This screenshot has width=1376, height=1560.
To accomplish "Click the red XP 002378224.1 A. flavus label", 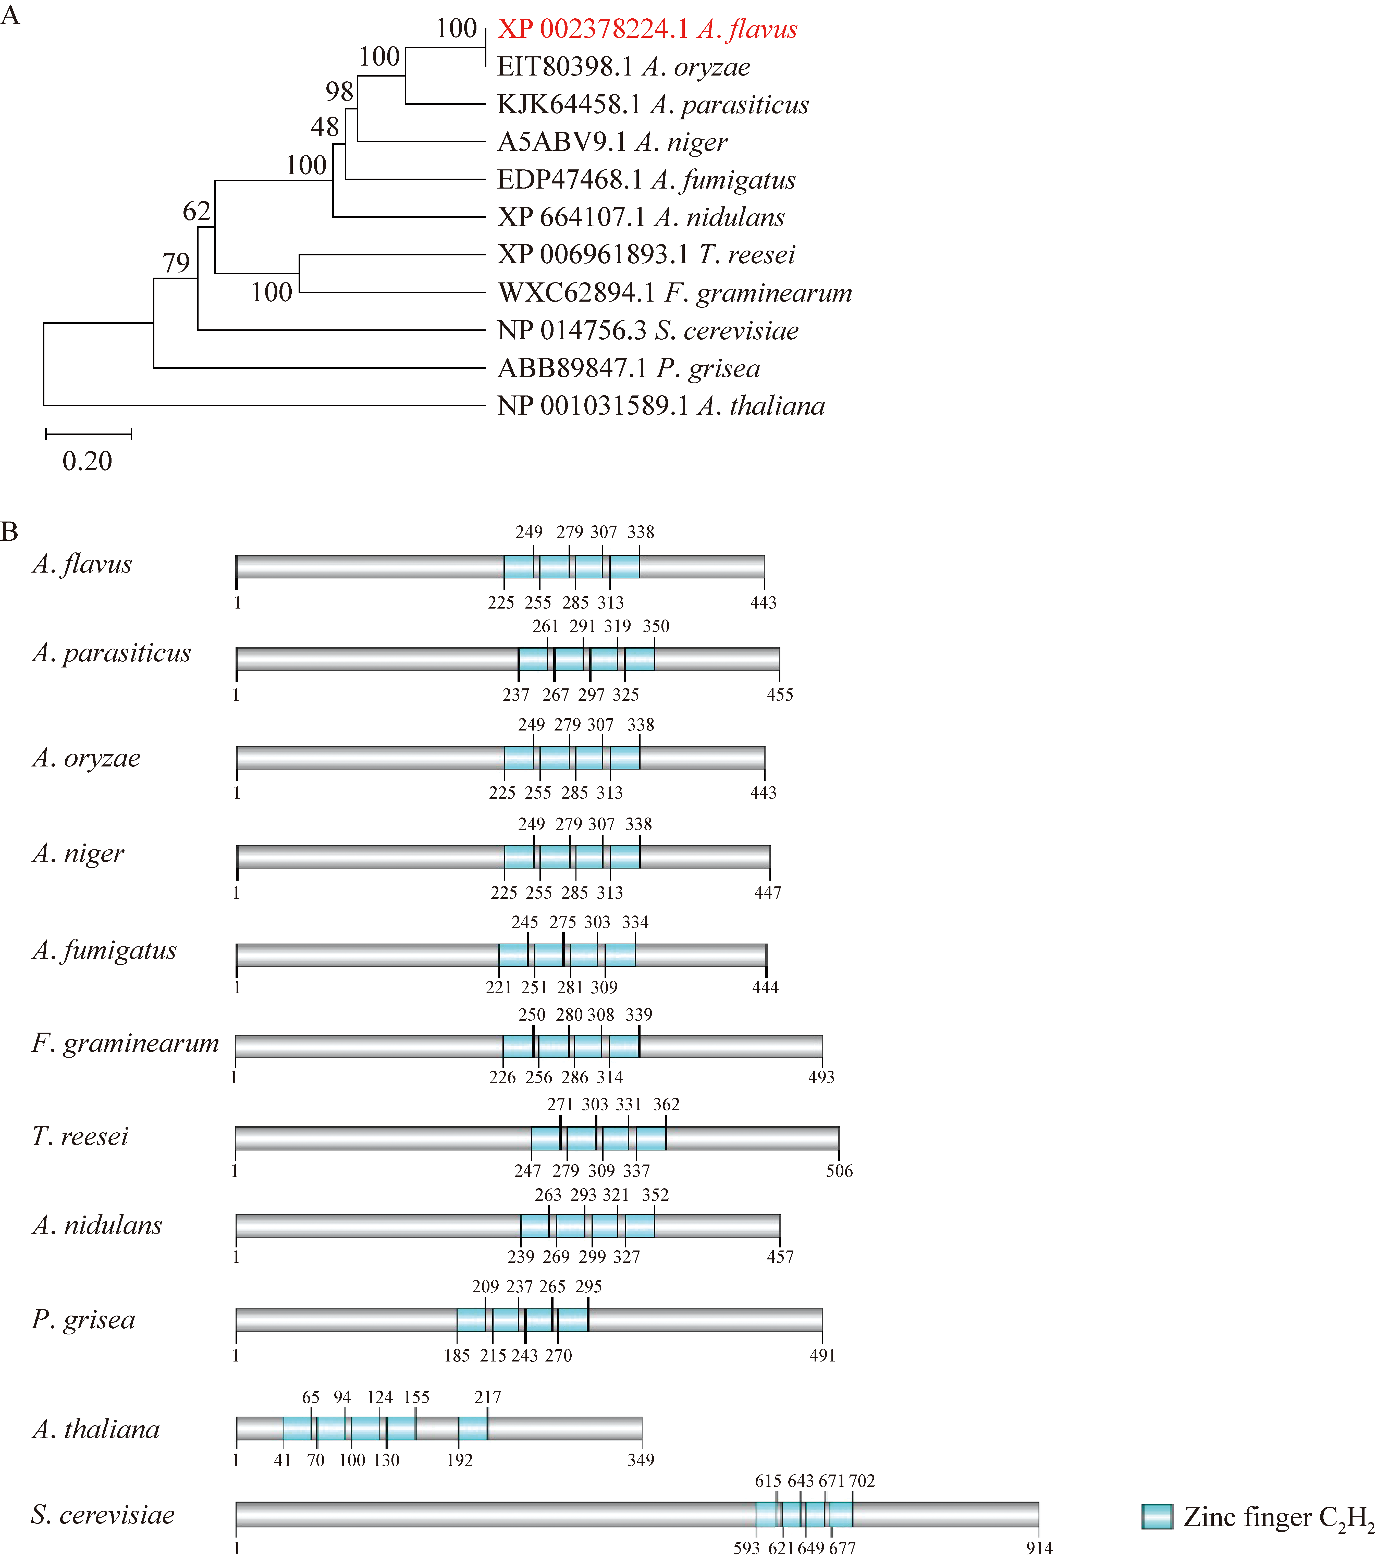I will [647, 29].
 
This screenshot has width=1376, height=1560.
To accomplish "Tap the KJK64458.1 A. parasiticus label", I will [653, 105].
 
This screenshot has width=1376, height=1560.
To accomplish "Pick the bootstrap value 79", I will [176, 263].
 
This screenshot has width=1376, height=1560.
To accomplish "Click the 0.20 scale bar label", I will [87, 461].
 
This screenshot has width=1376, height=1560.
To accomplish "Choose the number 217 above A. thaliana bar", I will [488, 1397].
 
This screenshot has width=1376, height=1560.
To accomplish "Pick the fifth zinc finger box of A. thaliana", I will [473, 1428].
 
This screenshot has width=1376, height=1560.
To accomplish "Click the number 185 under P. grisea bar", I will [457, 1355].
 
